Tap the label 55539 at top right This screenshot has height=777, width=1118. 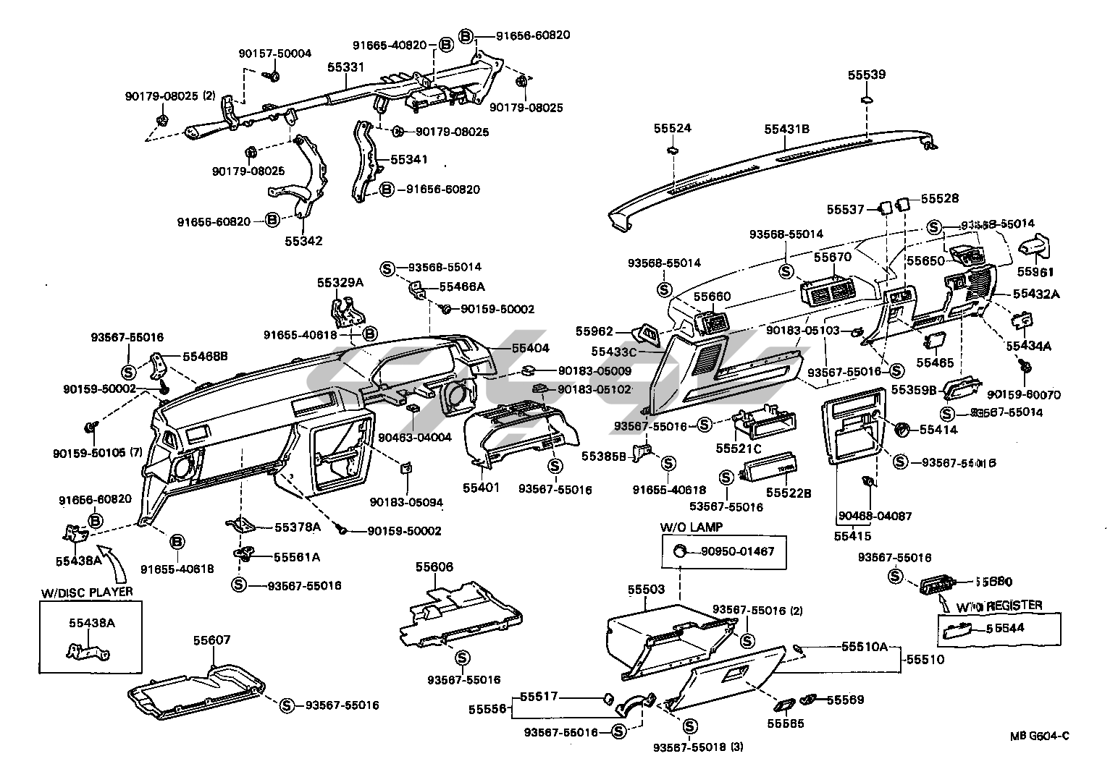pos(867,75)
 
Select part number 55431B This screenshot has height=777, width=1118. pos(786,129)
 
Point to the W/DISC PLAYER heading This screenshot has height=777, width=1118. pos(87,592)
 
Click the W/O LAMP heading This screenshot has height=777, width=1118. pos(691,527)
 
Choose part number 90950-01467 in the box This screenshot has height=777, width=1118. pos(737,551)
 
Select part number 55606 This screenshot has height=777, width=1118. pos(434,567)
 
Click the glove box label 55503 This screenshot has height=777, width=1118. pos(646,590)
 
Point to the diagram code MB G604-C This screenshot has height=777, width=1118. pos(1040,736)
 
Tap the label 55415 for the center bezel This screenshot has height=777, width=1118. pos(852,536)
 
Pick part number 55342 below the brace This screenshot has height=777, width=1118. pos(303,241)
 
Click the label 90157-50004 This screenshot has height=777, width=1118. pos(275,54)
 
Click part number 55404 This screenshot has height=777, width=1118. pos(530,348)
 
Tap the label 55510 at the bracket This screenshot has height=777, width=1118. pos(925,660)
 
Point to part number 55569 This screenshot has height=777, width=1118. pos(845,700)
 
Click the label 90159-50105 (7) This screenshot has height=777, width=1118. pos(98,454)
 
